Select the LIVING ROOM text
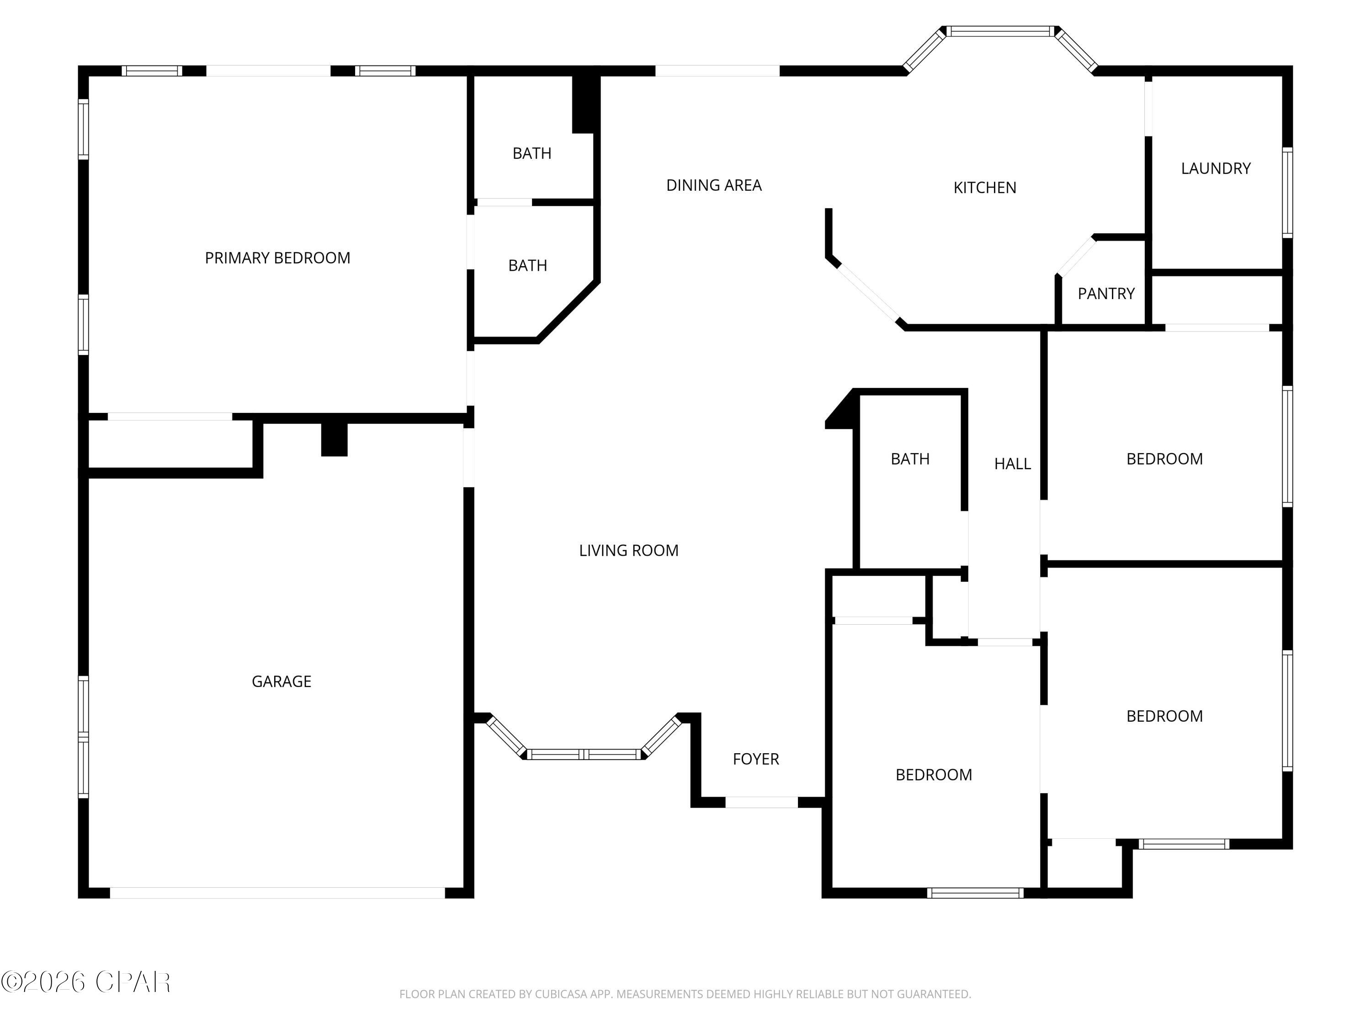pyautogui.click(x=628, y=550)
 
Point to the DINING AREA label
pyautogui.click(x=713, y=185)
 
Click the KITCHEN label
pyautogui.click(x=984, y=188)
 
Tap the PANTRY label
pyautogui.click(x=1106, y=294)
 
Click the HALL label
pyautogui.click(x=1012, y=463)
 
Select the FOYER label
pyautogui.click(x=755, y=759)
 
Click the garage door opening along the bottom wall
pyautogui.click(x=277, y=893)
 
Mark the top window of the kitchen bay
pyautogui.click(x=1000, y=31)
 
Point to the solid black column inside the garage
pyautogui.click(x=334, y=439)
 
